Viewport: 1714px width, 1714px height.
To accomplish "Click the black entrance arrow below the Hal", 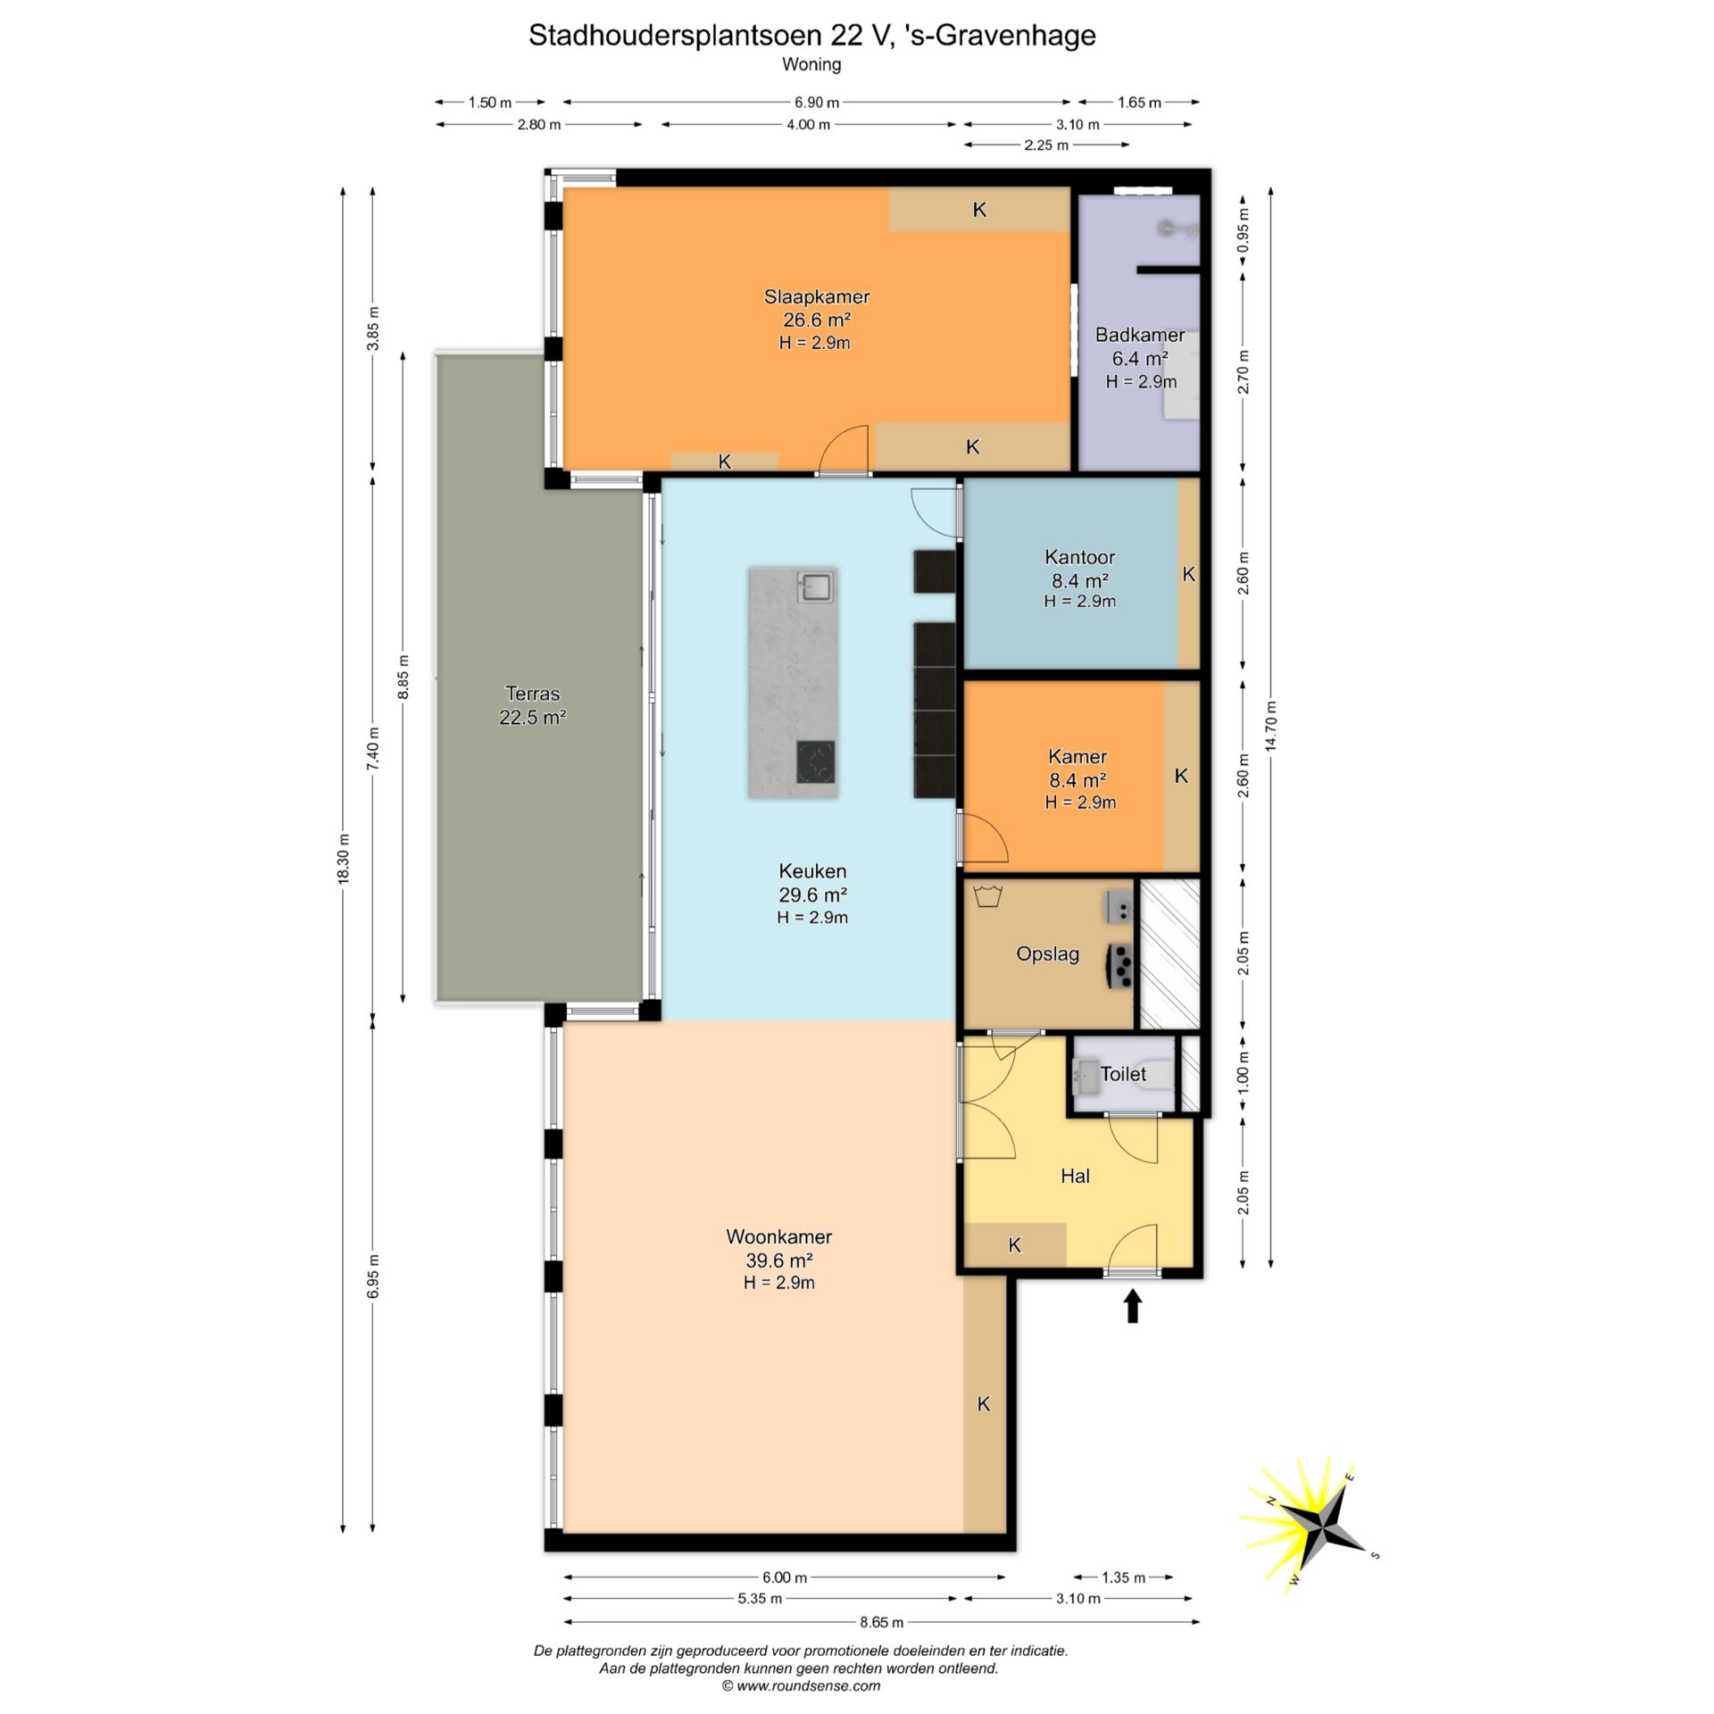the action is [x=1133, y=1305].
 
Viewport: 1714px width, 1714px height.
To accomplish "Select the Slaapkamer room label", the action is [x=816, y=296].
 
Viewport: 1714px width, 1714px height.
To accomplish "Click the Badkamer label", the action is [x=1140, y=335].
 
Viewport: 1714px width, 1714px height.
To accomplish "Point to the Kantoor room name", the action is [x=1080, y=557].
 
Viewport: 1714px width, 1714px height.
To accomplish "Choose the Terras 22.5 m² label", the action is [x=533, y=705].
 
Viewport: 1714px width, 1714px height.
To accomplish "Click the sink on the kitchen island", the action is [x=816, y=587].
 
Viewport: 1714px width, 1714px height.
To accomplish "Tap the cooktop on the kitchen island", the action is [x=816, y=761].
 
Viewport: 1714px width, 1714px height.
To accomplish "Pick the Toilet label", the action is [x=1123, y=1074].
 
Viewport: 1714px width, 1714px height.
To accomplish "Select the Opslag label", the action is [x=1048, y=954].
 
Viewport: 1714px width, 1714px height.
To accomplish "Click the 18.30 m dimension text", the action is [x=344, y=858].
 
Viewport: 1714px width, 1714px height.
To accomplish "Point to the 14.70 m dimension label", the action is [x=1271, y=728].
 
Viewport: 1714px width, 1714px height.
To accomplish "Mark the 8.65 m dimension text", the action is [x=881, y=1622].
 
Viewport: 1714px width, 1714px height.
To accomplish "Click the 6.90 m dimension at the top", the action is [x=817, y=103].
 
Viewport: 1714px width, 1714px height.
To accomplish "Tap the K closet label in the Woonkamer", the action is [x=984, y=1404].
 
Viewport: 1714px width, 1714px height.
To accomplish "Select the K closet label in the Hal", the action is [x=1015, y=1245].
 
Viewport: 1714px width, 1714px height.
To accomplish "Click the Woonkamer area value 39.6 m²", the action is [x=779, y=1261].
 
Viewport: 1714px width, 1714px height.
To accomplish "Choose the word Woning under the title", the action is [x=811, y=64].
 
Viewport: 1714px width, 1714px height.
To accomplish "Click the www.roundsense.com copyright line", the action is [x=801, y=1686].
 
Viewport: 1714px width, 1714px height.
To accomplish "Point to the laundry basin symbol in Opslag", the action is [x=986, y=896].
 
